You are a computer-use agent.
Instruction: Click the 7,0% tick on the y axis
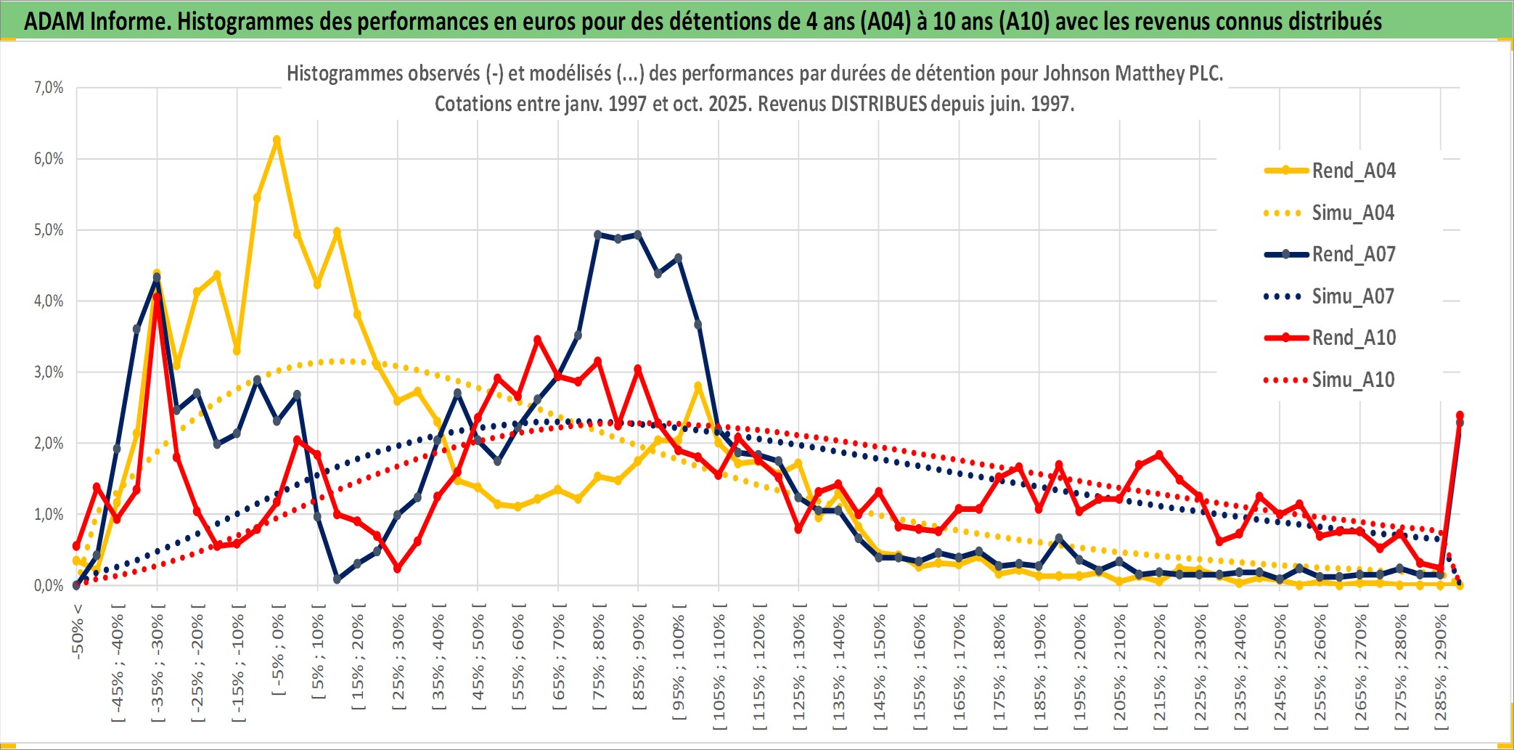[49, 88]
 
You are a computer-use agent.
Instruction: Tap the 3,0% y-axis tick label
[49, 372]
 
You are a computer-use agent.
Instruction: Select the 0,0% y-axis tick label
[49, 585]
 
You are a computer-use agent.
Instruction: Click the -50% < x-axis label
[78, 631]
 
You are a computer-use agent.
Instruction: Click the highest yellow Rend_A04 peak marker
[277, 139]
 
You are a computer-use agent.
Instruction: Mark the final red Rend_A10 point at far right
[1460, 415]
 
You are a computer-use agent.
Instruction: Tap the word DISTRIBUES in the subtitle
[878, 104]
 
